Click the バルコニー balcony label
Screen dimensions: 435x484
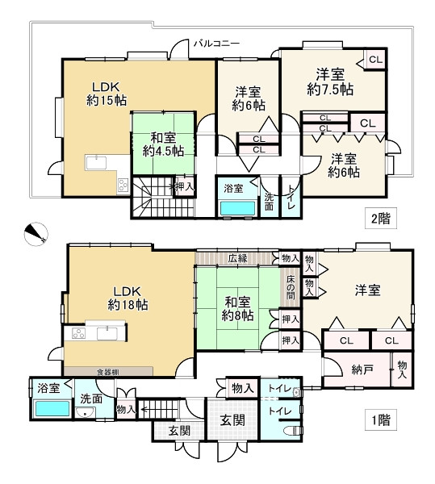point(216,43)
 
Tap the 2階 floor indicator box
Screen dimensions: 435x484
point(381,219)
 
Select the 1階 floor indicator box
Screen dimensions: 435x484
point(381,419)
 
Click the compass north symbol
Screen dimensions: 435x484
point(36,234)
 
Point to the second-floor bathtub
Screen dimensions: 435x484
point(238,208)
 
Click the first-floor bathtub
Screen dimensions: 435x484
point(52,408)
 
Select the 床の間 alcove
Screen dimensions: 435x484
point(291,287)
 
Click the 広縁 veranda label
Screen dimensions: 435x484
point(238,258)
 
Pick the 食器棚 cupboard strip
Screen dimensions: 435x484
point(108,371)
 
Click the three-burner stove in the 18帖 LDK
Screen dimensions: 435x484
point(78,334)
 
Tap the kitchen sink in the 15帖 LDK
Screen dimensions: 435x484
point(96,163)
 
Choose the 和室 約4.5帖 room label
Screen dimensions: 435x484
point(163,144)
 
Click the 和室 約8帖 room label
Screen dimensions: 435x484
point(238,308)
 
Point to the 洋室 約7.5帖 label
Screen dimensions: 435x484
point(330,81)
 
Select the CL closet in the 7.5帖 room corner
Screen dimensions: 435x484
point(375,60)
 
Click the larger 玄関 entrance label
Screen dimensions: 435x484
point(232,420)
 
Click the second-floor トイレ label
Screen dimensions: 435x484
point(291,197)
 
